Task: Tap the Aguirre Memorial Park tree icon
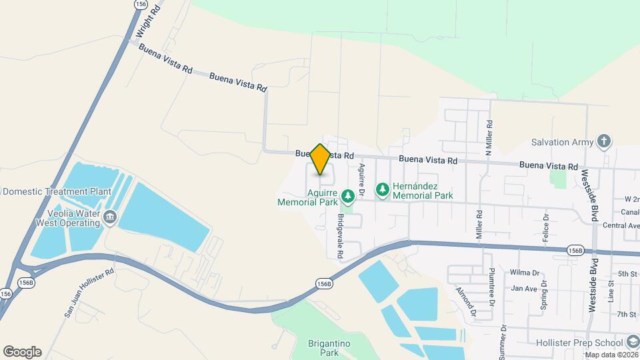(x=347, y=196)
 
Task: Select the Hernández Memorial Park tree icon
(x=383, y=191)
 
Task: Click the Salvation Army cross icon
(x=604, y=141)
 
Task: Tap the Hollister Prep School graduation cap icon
(x=631, y=343)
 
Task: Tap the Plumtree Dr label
(x=491, y=286)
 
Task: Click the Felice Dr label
(x=545, y=227)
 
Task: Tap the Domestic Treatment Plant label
(x=56, y=191)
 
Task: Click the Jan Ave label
(x=524, y=289)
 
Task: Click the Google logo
(x=22, y=351)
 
